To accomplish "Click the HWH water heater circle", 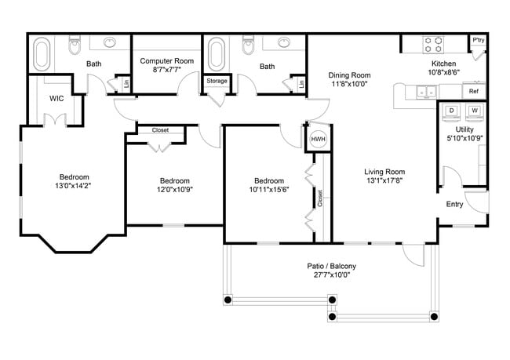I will point(318,139).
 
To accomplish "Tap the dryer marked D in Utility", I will point(452,111).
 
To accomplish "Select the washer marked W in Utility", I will point(475,111).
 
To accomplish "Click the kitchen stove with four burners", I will point(433,43).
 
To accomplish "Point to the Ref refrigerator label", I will point(473,92).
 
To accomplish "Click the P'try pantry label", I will point(477,39).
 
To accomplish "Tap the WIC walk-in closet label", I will point(56,99).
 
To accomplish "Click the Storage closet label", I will point(217,81).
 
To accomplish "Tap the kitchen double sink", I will point(427,93).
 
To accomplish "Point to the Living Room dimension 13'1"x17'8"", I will point(384,180).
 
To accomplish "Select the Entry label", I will point(454,205).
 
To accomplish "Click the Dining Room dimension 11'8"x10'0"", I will point(349,84).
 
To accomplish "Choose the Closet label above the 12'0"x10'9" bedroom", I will point(160,130).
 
